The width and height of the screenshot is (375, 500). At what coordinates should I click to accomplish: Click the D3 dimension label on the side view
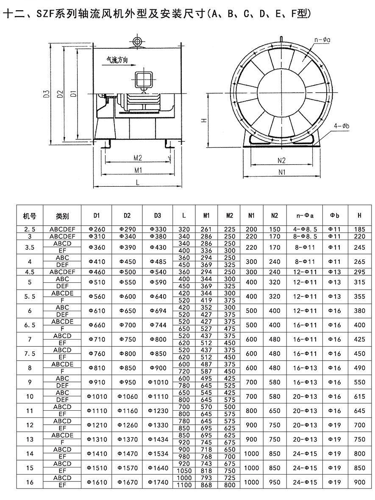[x=47, y=94]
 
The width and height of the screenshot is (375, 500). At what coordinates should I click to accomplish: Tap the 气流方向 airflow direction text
[x=117, y=59]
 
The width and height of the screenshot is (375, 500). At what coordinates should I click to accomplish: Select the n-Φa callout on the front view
[x=322, y=40]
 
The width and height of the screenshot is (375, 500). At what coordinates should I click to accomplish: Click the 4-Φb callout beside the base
[x=342, y=126]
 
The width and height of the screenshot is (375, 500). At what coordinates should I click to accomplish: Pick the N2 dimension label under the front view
[x=281, y=160]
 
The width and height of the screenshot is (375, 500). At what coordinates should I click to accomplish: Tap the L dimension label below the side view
[x=138, y=182]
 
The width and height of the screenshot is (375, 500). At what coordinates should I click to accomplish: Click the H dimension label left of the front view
[x=205, y=120]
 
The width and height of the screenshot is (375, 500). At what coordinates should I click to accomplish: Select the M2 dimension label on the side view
[x=138, y=158]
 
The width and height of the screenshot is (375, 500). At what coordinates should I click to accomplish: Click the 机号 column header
[x=30, y=216]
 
